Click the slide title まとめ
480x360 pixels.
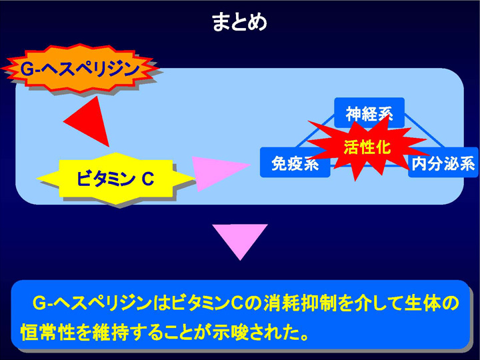[x=239, y=22]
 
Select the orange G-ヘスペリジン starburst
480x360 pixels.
[x=80, y=69]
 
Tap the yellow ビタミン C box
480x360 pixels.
[x=116, y=179]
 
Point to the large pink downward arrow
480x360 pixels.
[x=240, y=242]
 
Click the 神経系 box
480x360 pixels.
[x=369, y=113]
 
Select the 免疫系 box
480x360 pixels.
[x=295, y=163]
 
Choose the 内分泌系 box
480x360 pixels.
[x=443, y=163]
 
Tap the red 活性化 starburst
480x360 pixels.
[x=367, y=147]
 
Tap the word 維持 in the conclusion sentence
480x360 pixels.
[x=110, y=332]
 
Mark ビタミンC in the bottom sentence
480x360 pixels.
[x=207, y=303]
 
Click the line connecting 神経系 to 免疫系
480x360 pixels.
[x=315, y=131]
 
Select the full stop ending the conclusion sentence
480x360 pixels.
[x=304, y=337]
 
